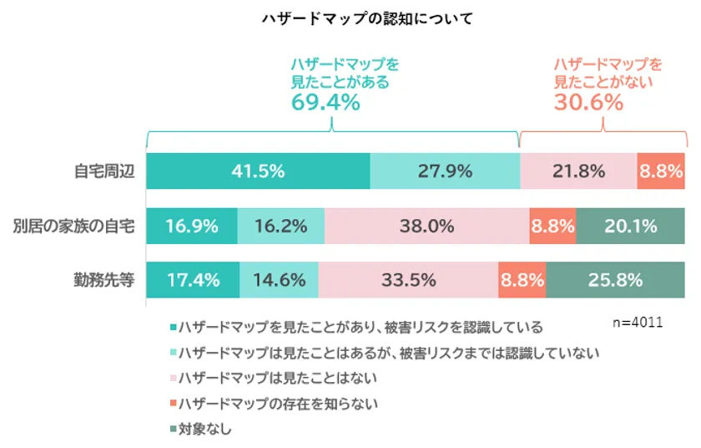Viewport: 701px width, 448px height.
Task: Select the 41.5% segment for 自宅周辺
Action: [x=258, y=171]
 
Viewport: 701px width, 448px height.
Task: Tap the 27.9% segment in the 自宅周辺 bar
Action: [x=444, y=171]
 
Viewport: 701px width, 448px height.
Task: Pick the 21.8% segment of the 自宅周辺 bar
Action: [x=577, y=171]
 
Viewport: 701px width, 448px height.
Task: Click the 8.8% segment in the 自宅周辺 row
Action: [x=662, y=171]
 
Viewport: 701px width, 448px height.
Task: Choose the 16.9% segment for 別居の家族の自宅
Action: [x=192, y=226]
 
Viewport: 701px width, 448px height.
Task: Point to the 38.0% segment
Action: [x=426, y=226]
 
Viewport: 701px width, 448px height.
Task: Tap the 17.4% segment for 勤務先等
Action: [x=193, y=280]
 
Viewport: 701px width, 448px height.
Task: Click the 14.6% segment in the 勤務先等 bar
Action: [x=279, y=280]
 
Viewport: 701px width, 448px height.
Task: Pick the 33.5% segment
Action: [x=408, y=280]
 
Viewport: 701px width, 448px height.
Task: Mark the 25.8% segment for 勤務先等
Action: [x=616, y=280]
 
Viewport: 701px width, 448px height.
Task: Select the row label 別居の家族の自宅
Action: [x=73, y=226]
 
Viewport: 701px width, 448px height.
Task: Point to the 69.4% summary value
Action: [x=325, y=104]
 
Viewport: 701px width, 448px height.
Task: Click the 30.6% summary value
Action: [x=589, y=104]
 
